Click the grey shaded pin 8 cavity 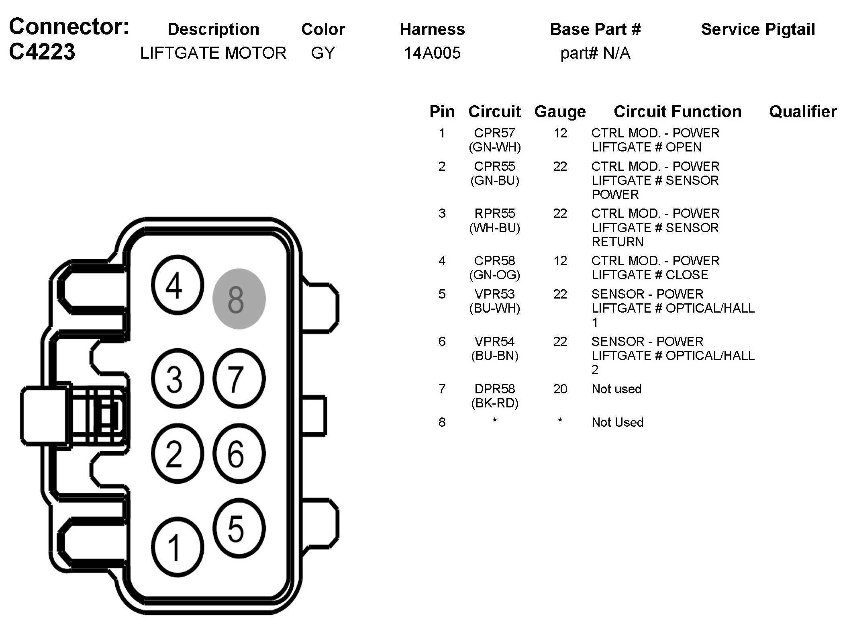coord(239,299)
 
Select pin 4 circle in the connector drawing coord(177,285)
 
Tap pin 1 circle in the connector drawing coord(177,547)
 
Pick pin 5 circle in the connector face coord(239,528)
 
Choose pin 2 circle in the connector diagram coord(177,454)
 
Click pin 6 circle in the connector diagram coord(239,454)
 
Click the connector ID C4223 coord(42,52)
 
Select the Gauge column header coord(560,112)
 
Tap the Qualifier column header coord(802,112)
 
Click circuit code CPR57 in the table coord(494,133)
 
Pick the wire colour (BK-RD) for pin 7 coord(494,403)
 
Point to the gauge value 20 coord(560,389)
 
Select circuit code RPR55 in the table coord(494,213)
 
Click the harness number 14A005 coord(432,53)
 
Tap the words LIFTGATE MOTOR coord(213,53)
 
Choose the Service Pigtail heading coord(757,29)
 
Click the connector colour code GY coord(322,53)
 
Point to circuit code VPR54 coord(494,342)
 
